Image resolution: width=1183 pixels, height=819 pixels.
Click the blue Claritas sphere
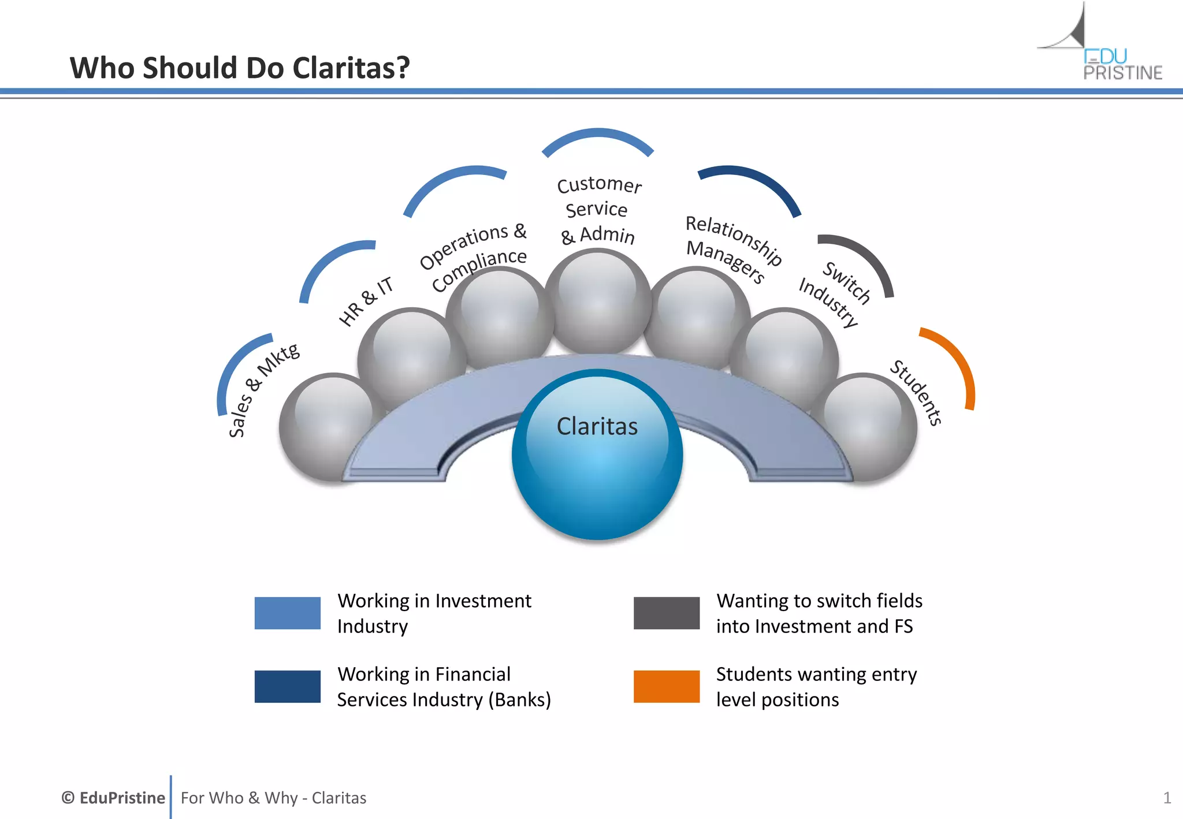pyautogui.click(x=597, y=456)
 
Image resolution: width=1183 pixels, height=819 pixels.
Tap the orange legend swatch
pyautogui.click(x=666, y=686)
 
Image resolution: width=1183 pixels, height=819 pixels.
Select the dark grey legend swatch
pyautogui.click(x=666, y=613)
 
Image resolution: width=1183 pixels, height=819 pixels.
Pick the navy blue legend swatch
pyautogui.click(x=287, y=686)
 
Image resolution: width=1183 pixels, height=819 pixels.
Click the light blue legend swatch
pyautogui.click(x=287, y=613)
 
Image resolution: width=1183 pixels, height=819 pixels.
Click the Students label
pyautogui.click(x=916, y=393)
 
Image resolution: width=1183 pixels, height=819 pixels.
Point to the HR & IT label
pyautogui.click(x=366, y=301)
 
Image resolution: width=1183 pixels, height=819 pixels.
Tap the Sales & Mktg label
pyautogui.click(x=263, y=390)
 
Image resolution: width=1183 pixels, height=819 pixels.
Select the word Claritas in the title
pyautogui.click(x=351, y=68)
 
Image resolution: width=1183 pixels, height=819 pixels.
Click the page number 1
pyautogui.click(x=1167, y=798)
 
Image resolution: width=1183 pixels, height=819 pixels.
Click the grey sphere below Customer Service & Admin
pyautogui.click(x=598, y=300)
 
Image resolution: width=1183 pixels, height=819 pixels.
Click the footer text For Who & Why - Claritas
pyautogui.click(x=273, y=798)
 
